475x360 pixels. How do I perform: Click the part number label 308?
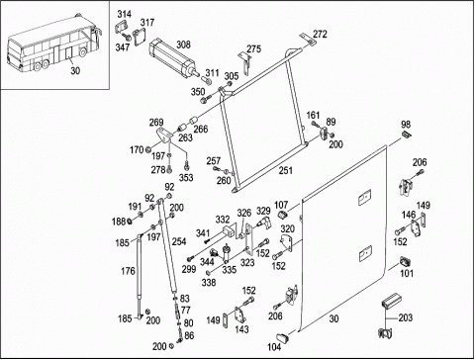[x=183, y=45]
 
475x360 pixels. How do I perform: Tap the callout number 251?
[x=286, y=170]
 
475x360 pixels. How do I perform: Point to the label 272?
[x=320, y=34]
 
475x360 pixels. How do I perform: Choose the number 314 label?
[x=125, y=14]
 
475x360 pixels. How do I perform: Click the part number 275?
[x=253, y=48]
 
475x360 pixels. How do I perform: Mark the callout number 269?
[x=156, y=123]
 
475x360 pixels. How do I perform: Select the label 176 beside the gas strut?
[x=128, y=271]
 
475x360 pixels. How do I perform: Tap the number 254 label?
[x=179, y=241]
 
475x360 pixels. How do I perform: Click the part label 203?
[x=406, y=317]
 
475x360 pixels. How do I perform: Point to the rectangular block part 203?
[x=392, y=300]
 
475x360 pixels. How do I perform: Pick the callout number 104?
[x=274, y=347]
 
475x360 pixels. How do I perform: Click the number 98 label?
[x=406, y=125]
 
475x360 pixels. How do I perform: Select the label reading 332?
[x=223, y=220]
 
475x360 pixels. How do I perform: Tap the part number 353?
[x=186, y=178]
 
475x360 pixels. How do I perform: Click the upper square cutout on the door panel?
[x=365, y=197]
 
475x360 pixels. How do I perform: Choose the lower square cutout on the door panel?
[x=365, y=253]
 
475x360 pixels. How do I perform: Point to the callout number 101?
[x=407, y=273]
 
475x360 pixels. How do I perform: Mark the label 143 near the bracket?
[x=241, y=329]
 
